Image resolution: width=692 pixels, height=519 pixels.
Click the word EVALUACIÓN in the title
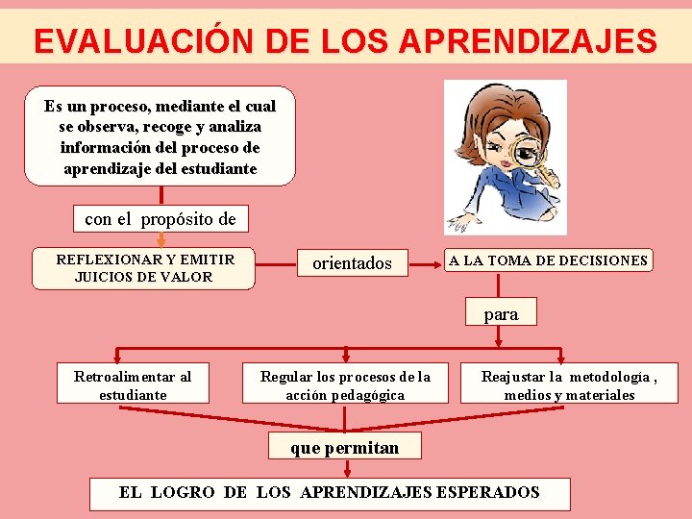coord(136,41)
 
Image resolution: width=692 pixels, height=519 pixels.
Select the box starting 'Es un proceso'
coord(160,136)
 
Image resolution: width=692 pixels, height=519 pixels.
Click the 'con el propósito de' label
coord(161,219)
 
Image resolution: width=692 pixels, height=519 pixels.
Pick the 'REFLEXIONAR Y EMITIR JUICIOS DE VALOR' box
coord(144,268)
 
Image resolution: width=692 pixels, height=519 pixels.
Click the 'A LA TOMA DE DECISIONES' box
coord(548,260)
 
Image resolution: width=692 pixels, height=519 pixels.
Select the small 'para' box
coord(501,313)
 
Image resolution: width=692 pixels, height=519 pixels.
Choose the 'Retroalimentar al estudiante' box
coord(133,385)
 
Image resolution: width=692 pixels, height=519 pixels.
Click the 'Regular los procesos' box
coord(346,385)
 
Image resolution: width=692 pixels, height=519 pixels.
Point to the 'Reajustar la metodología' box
coord(569,385)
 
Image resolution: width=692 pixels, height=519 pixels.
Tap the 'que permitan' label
coord(344,447)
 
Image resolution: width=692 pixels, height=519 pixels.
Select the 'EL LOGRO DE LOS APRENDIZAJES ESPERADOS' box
coord(330,493)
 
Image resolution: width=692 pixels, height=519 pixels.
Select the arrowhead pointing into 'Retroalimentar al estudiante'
coord(117,358)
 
